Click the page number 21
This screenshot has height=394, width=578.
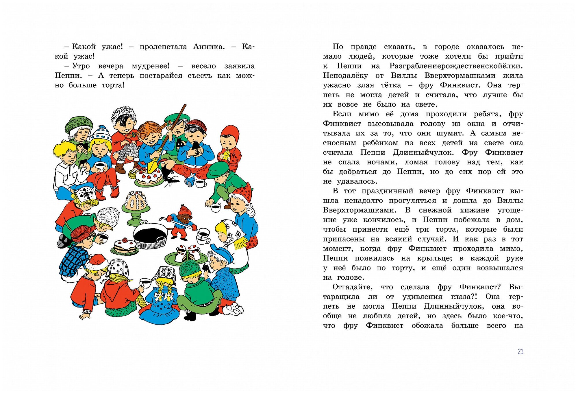tap(520, 351)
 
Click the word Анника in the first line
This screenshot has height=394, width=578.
tap(209, 47)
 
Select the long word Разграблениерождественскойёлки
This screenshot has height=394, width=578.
tap(456, 66)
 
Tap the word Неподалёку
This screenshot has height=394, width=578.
tap(345, 76)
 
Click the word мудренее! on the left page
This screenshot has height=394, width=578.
tap(150, 66)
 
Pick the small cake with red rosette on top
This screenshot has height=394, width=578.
tap(125, 246)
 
